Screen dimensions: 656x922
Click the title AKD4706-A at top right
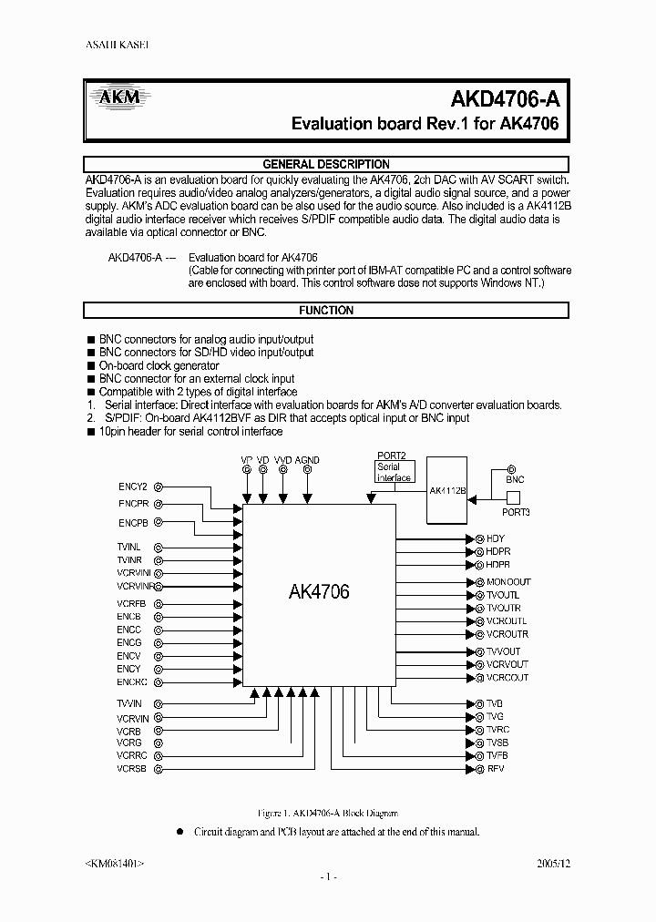(x=505, y=99)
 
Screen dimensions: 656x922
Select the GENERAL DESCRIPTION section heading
(x=326, y=164)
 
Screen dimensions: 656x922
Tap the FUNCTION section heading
(x=326, y=311)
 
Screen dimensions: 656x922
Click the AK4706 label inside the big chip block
(x=318, y=591)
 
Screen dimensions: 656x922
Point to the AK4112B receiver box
(x=447, y=489)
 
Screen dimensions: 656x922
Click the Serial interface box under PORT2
(x=394, y=472)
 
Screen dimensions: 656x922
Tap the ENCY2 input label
(x=132, y=487)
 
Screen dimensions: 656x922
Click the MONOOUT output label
(x=508, y=581)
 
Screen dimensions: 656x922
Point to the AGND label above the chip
(x=307, y=460)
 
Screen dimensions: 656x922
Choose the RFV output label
(x=496, y=769)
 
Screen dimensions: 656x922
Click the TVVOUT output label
(x=504, y=651)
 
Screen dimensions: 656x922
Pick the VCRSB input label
(x=131, y=769)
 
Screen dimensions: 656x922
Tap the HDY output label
(x=496, y=539)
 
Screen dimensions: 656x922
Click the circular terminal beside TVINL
(x=158, y=547)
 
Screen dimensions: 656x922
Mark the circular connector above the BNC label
(x=510, y=466)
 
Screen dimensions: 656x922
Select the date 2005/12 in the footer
(x=551, y=861)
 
